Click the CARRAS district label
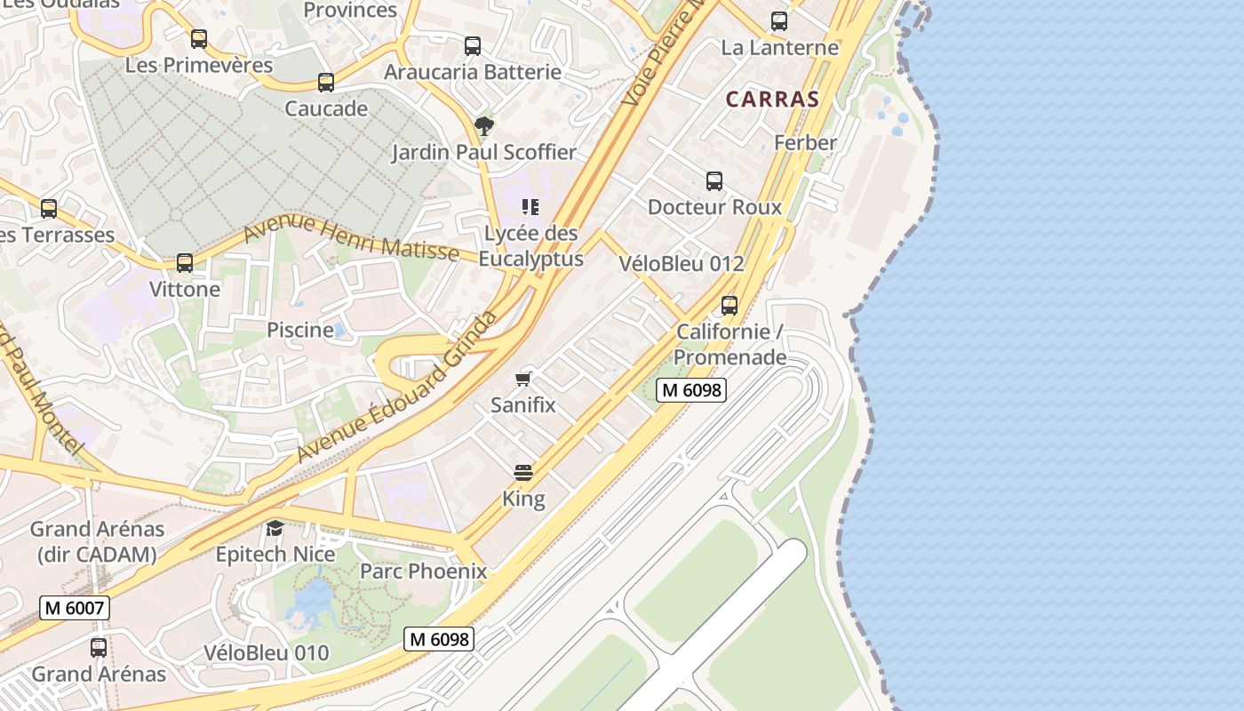[x=771, y=99]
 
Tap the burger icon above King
[x=523, y=472]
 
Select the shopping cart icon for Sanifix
[x=523, y=379]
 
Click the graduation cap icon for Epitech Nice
[x=275, y=528]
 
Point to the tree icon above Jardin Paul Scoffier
[x=483, y=125]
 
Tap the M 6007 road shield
[x=75, y=609]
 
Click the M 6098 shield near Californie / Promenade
[x=691, y=389]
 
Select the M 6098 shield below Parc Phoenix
[x=439, y=638]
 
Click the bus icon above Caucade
[x=326, y=83]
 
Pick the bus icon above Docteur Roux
[x=714, y=181]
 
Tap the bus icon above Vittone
[x=185, y=263]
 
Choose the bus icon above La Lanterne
[x=779, y=21]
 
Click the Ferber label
[x=805, y=142]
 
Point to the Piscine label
[x=300, y=330]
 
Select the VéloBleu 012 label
[x=682, y=263]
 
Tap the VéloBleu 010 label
[x=267, y=652]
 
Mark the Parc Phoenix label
[x=423, y=571]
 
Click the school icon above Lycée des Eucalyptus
[x=530, y=208]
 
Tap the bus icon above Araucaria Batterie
[x=473, y=45]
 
